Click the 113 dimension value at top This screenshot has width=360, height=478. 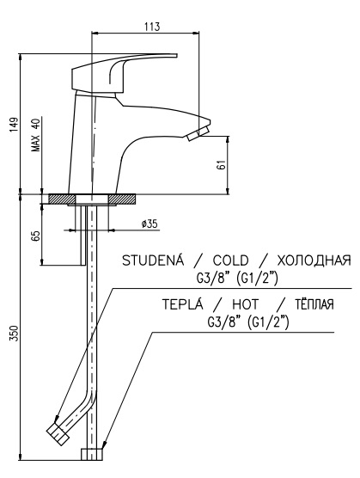[x=152, y=27]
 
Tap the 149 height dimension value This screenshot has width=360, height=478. [x=14, y=125]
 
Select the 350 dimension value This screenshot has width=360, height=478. [x=15, y=334]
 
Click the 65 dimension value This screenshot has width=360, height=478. [x=36, y=236]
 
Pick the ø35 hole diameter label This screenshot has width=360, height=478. [x=149, y=224]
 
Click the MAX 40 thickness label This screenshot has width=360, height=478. [x=36, y=135]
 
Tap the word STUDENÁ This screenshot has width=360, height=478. [x=153, y=260]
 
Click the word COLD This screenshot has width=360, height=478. [x=230, y=260]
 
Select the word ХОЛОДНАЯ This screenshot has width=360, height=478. [x=314, y=260]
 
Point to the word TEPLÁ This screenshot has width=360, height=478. [x=182, y=304]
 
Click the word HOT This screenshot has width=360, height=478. [x=246, y=304]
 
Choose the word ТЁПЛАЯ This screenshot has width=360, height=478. [x=314, y=304]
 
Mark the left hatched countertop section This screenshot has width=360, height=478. [x=62, y=199]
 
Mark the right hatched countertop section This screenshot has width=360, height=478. [x=123, y=199]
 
